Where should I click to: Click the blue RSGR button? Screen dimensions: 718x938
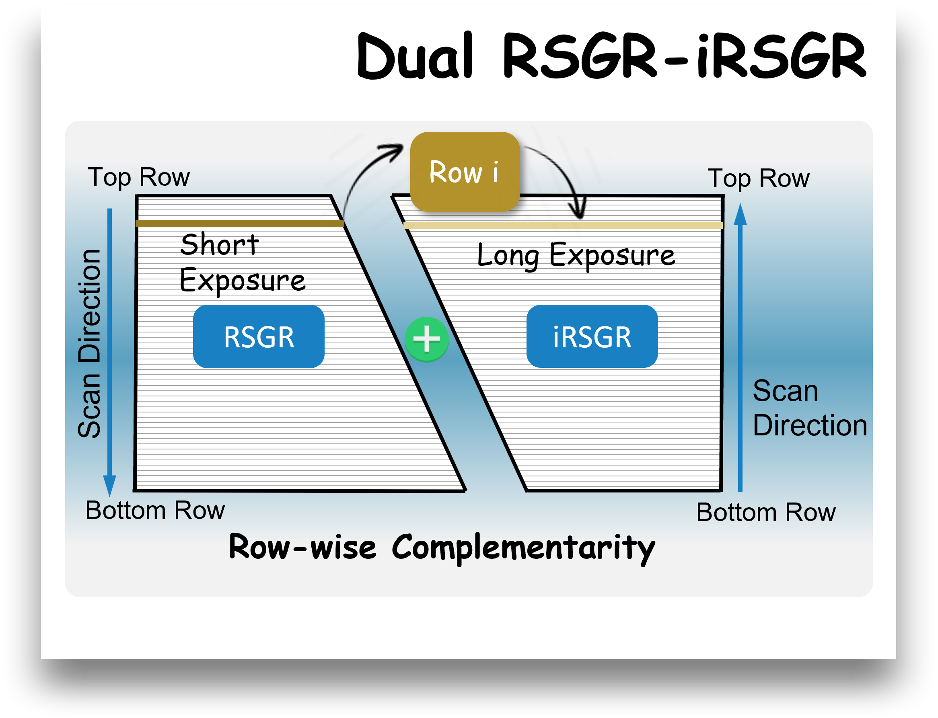pyautogui.click(x=259, y=337)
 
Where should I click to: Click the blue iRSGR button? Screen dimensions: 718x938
pyautogui.click(x=592, y=337)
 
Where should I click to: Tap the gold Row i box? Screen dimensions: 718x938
pyautogui.click(x=465, y=172)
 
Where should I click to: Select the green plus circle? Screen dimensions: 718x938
pyautogui.click(x=427, y=339)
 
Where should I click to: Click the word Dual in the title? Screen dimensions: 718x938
pyautogui.click(x=415, y=56)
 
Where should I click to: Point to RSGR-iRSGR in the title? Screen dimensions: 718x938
pyautogui.click(x=684, y=56)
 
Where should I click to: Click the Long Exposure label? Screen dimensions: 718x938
pyautogui.click(x=576, y=255)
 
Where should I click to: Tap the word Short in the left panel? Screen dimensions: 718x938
pyautogui.click(x=219, y=245)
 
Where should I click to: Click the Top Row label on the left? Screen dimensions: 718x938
pyautogui.click(x=138, y=177)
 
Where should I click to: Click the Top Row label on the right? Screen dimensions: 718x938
pyautogui.click(x=758, y=178)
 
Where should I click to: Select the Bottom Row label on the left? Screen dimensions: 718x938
pyautogui.click(x=155, y=510)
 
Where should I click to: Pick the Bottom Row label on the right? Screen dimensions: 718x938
pyautogui.click(x=766, y=513)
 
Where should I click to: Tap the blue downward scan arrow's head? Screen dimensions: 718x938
pyautogui.click(x=109, y=485)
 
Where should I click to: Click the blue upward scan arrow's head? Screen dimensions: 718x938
pyautogui.click(x=740, y=215)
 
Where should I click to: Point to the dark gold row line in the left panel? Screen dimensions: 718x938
pyautogui.click(x=239, y=224)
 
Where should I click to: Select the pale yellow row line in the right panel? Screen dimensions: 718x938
pyautogui.click(x=563, y=225)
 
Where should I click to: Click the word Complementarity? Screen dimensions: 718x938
pyautogui.click(x=523, y=548)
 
